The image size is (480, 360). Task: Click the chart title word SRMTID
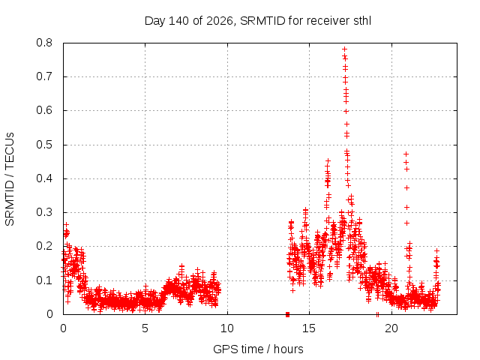point(262,21)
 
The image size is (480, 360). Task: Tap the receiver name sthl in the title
point(362,21)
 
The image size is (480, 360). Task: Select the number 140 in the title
point(178,21)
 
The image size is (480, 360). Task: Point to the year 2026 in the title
point(220,21)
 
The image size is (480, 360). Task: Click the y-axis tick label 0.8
point(44,43)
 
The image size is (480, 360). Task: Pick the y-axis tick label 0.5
point(44,145)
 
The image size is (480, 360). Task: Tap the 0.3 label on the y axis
point(44,212)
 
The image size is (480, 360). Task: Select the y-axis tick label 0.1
point(44,280)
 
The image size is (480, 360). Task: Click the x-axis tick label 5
point(145,328)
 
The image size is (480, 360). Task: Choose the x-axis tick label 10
point(226,328)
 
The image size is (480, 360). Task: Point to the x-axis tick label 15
point(309,328)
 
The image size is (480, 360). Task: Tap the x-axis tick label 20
point(391,328)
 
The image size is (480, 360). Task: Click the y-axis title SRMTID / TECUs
point(10,179)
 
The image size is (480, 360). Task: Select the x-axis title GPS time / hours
point(258,349)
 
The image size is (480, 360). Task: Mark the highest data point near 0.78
point(344,49)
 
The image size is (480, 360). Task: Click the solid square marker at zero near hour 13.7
point(287,314)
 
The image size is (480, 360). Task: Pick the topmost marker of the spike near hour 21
point(406,154)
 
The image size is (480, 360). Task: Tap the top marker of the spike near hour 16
point(328,160)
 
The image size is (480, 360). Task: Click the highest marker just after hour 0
point(66,225)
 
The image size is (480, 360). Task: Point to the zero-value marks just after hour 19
point(377,314)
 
